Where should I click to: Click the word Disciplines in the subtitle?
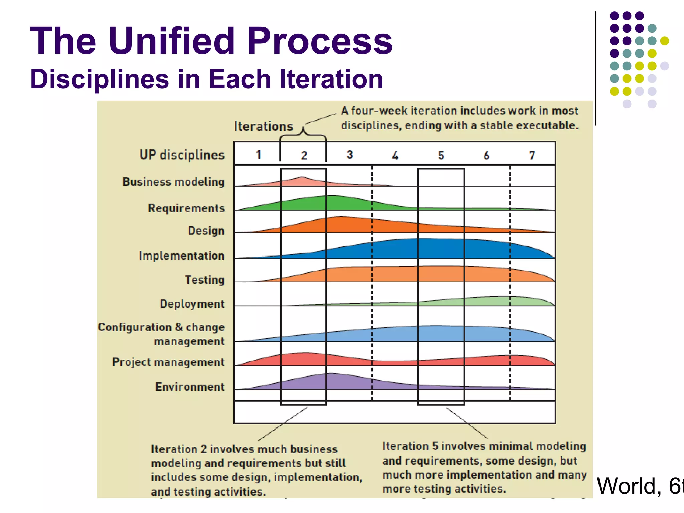coord(100,79)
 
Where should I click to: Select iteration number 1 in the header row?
coord(258,155)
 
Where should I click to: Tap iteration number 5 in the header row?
coord(441,155)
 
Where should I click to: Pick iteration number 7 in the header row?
coord(532,155)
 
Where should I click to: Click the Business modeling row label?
coord(173,182)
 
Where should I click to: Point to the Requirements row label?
coord(186,208)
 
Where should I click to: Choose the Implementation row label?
coord(181,256)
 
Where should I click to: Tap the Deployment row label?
coord(192,304)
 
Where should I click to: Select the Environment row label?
coord(190,387)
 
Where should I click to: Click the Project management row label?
coord(168,362)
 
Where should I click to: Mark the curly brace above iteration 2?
coord(303,134)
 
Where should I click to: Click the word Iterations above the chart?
coord(263,126)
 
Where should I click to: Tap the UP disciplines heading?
coord(182,155)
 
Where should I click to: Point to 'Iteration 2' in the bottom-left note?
coord(179,449)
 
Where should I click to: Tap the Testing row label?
coord(204,280)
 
